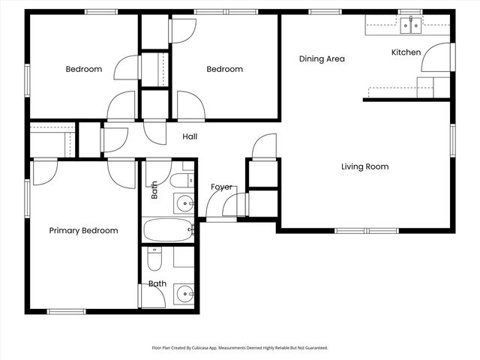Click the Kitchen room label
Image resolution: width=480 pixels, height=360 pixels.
click(x=406, y=52)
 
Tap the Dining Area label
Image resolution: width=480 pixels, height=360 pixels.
click(x=322, y=58)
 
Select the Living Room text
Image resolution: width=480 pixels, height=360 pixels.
click(x=365, y=166)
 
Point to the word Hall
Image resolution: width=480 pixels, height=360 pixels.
click(x=190, y=136)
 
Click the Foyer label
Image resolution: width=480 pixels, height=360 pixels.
click(x=221, y=187)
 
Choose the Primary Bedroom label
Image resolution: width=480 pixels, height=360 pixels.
click(x=83, y=230)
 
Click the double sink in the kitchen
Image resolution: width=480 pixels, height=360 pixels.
click(x=410, y=25)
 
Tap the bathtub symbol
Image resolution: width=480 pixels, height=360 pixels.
click(x=167, y=230)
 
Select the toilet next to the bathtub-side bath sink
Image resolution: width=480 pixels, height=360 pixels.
click(x=181, y=180)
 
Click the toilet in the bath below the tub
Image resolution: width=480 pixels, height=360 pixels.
click(x=154, y=259)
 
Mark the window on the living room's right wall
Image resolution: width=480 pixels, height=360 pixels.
click(x=452, y=140)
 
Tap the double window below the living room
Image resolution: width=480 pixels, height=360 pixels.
click(x=367, y=230)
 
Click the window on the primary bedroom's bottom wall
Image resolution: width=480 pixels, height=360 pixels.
click(x=67, y=312)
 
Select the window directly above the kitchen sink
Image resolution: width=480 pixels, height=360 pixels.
click(x=410, y=12)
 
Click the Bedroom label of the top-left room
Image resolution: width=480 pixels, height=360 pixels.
click(x=84, y=69)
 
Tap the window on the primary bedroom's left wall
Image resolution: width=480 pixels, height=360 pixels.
click(x=27, y=199)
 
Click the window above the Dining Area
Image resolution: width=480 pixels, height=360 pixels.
click(x=325, y=12)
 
